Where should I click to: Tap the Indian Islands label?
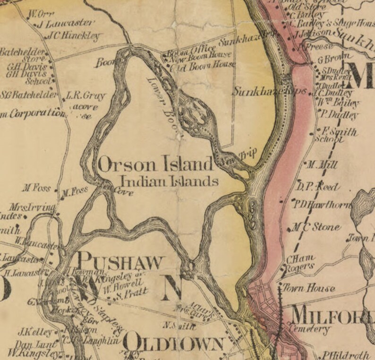(x=169, y=180)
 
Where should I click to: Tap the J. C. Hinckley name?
(x=75, y=35)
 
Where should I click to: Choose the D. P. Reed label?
(x=317, y=187)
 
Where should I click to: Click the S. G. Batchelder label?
(x=28, y=95)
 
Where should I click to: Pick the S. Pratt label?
(x=126, y=293)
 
